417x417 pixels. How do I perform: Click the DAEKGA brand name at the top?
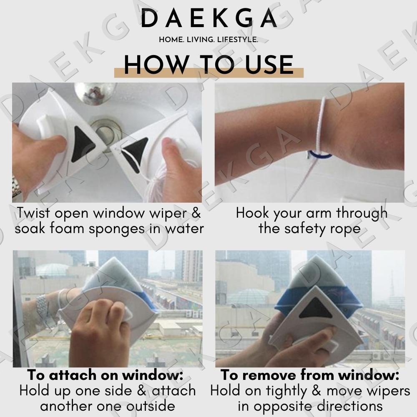[208, 18]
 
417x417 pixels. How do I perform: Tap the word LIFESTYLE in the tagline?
[238, 40]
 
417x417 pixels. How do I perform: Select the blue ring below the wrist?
[320, 155]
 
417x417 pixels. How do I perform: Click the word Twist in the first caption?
[33, 213]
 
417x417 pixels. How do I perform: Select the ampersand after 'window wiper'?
[196, 213]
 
